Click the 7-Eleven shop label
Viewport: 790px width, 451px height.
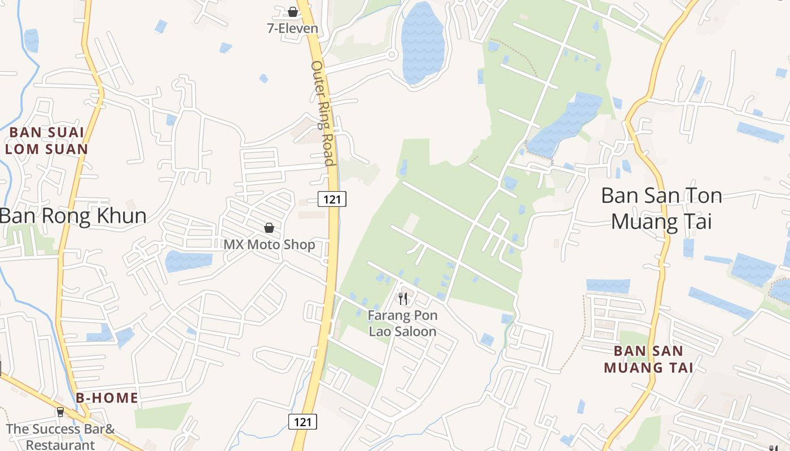click(292, 28)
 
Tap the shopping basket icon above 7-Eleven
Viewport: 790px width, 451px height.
click(292, 11)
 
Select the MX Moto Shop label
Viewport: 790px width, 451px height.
click(269, 245)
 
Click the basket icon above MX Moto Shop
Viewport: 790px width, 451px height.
click(269, 228)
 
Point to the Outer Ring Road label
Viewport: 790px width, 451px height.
click(323, 113)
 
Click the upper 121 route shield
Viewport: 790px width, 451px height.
click(331, 198)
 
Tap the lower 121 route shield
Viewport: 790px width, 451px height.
click(302, 421)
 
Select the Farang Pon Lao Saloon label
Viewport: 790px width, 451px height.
click(402, 324)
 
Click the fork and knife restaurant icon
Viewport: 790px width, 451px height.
click(402, 298)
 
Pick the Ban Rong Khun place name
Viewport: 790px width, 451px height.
click(73, 216)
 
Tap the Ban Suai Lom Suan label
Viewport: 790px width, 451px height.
click(47, 141)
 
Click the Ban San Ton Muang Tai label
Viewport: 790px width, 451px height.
click(661, 209)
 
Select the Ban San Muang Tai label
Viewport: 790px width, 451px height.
click(648, 359)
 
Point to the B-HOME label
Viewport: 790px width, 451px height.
click(107, 398)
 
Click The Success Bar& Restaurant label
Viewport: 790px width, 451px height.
click(60, 436)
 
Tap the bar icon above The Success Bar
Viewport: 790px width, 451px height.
click(60, 412)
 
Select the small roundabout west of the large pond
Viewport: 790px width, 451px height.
click(392, 55)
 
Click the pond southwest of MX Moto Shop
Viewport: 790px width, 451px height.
click(188, 261)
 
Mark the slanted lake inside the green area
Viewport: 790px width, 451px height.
click(564, 124)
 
